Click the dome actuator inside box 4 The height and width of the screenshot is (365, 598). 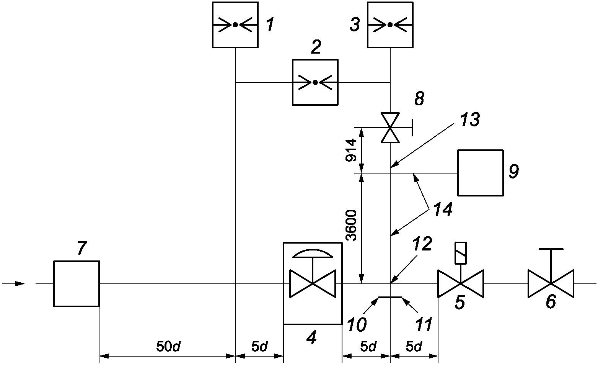point(313,254)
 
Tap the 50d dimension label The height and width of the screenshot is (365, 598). point(168,347)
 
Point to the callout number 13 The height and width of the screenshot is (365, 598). point(470,119)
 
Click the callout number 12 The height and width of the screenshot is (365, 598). point(422,244)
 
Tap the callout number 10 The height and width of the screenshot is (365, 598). point(357,325)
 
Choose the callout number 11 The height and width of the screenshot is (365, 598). point(424,325)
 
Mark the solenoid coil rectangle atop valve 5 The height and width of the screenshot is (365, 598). point(461,253)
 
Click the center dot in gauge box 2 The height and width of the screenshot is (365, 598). point(315,83)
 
